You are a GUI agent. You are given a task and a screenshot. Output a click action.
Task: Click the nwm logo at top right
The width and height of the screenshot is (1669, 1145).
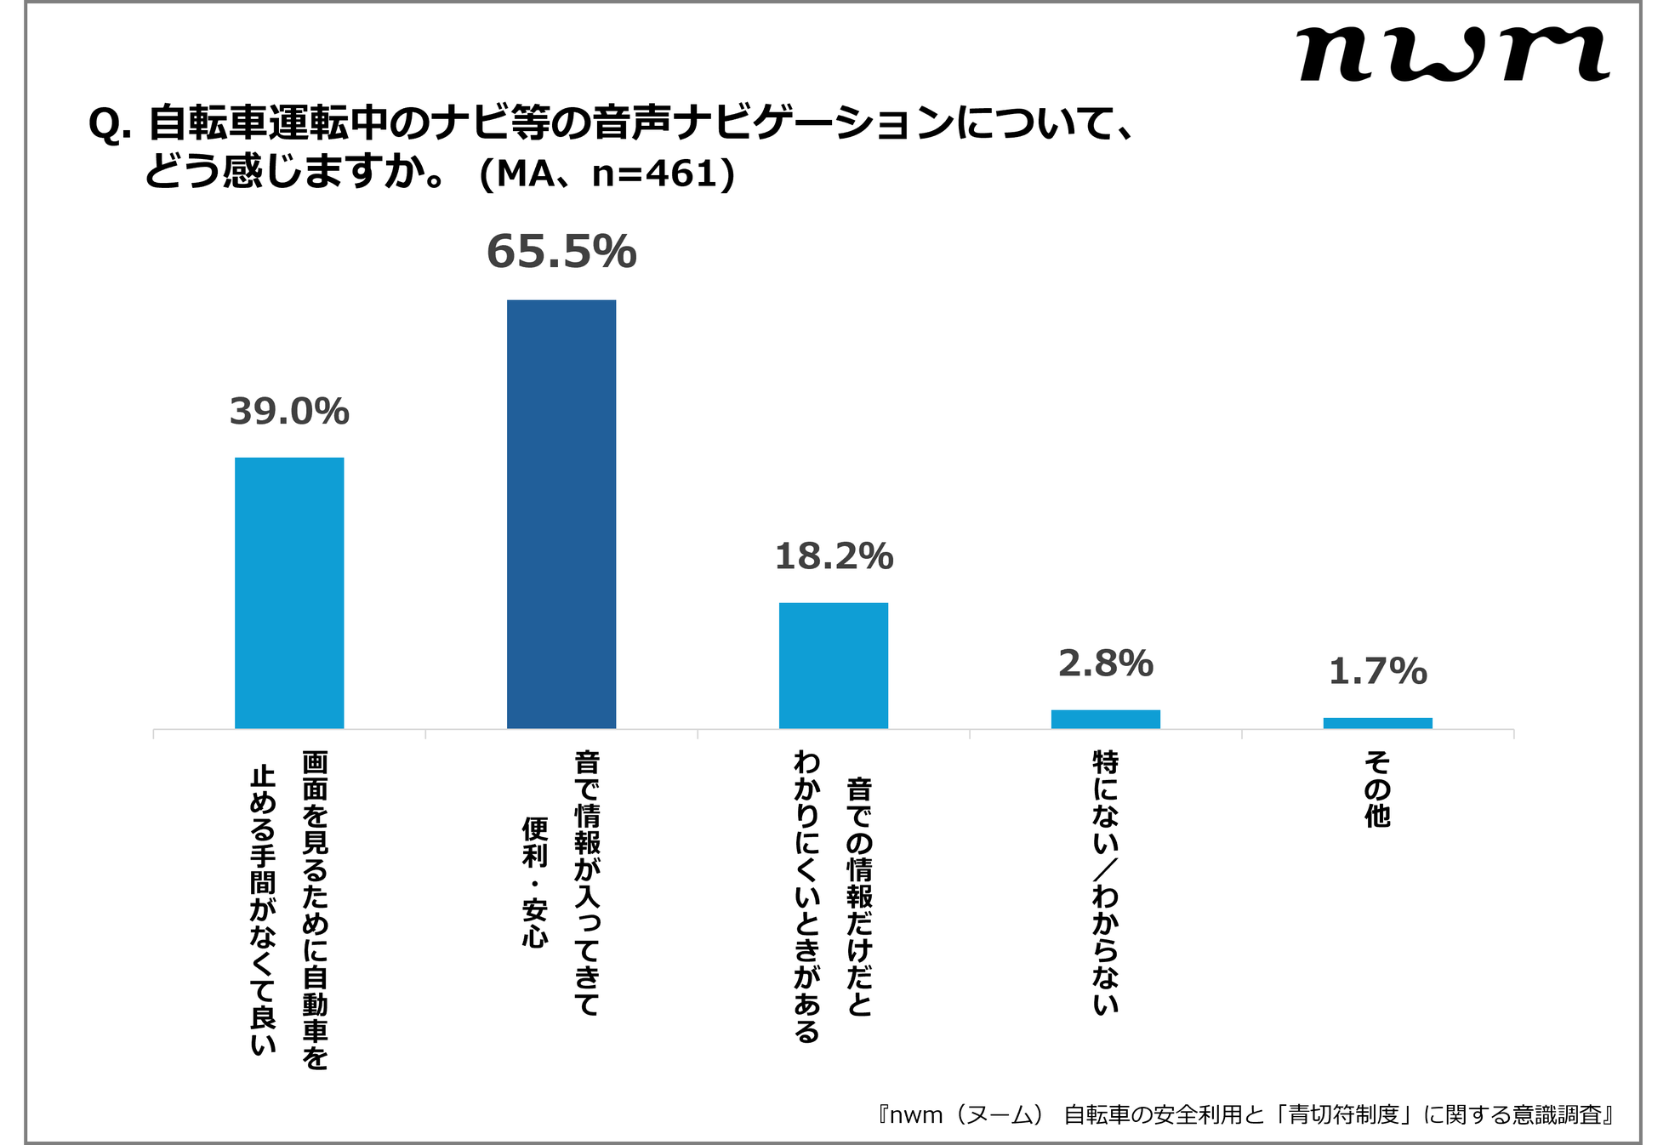pyautogui.click(x=1453, y=54)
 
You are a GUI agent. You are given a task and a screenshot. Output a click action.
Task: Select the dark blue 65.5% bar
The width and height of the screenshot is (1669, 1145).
pyautogui.click(x=561, y=514)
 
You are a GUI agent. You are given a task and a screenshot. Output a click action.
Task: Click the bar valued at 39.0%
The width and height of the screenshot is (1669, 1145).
pyautogui.click(x=289, y=593)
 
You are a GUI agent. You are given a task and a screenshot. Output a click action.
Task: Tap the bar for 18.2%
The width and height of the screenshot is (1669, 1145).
pyautogui.click(x=834, y=665)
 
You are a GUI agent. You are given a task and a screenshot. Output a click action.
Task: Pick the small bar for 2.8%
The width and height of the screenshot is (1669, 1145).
pyautogui.click(x=1105, y=719)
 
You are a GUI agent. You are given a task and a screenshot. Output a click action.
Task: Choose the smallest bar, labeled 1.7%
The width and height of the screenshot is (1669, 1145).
pyautogui.click(x=1377, y=723)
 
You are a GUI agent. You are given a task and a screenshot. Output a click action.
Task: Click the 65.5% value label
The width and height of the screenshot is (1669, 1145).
pyautogui.click(x=561, y=252)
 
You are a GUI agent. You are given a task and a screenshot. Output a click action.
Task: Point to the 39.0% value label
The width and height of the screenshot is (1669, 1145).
pyautogui.click(x=289, y=412)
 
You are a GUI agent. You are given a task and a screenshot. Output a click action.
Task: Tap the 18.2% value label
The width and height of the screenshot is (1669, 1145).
pyautogui.click(x=834, y=557)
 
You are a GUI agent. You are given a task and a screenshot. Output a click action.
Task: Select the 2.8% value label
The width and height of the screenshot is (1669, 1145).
pyautogui.click(x=1105, y=664)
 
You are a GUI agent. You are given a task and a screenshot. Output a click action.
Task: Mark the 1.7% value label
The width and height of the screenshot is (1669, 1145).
pyautogui.click(x=1377, y=672)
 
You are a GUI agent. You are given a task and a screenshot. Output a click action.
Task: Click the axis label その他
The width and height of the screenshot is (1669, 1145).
pyautogui.click(x=1377, y=789)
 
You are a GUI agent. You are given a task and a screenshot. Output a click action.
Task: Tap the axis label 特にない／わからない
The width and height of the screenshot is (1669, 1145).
pyautogui.click(x=1105, y=882)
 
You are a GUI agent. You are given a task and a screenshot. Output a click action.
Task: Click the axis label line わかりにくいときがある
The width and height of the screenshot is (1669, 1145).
pyautogui.click(x=806, y=897)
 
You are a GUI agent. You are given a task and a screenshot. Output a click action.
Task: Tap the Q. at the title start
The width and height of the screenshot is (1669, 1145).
pyautogui.click(x=110, y=126)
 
